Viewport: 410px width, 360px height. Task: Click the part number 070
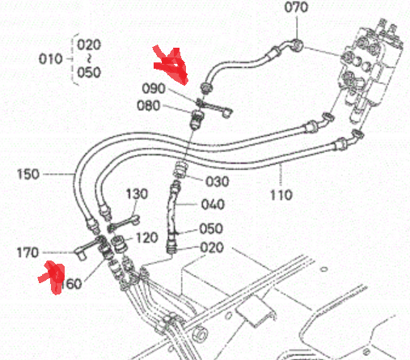(x=296, y=7)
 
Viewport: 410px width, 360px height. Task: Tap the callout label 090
(x=154, y=88)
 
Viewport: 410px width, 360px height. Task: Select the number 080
(x=149, y=105)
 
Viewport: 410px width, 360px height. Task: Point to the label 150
(x=28, y=174)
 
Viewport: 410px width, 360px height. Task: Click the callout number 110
(x=281, y=195)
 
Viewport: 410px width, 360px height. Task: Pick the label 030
(x=218, y=181)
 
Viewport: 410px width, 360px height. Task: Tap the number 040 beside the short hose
(x=213, y=205)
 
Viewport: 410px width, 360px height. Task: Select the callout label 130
(x=137, y=194)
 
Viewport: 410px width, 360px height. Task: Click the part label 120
(x=146, y=238)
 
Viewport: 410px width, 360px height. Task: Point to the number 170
(x=27, y=252)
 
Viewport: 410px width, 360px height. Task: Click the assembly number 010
(x=51, y=59)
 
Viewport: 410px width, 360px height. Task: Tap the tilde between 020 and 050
(x=89, y=58)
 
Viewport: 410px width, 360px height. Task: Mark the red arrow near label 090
(x=171, y=65)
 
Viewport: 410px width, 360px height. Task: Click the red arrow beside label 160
(x=53, y=277)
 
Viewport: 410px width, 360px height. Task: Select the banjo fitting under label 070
(x=296, y=45)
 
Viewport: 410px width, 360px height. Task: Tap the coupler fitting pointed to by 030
(x=180, y=169)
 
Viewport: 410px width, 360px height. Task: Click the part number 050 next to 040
(x=211, y=229)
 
